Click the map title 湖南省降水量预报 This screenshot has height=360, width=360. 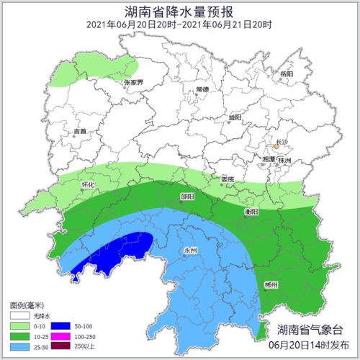click(x=179, y=10)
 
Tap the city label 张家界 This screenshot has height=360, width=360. click(x=134, y=82)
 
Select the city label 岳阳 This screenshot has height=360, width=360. click(x=287, y=73)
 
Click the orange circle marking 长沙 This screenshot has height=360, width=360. click(x=276, y=146)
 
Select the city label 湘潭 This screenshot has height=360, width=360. click(x=268, y=159)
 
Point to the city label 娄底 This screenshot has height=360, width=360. click(x=228, y=179)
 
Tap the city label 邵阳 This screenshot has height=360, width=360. click(x=186, y=196)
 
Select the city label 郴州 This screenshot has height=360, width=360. click(x=272, y=285)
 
